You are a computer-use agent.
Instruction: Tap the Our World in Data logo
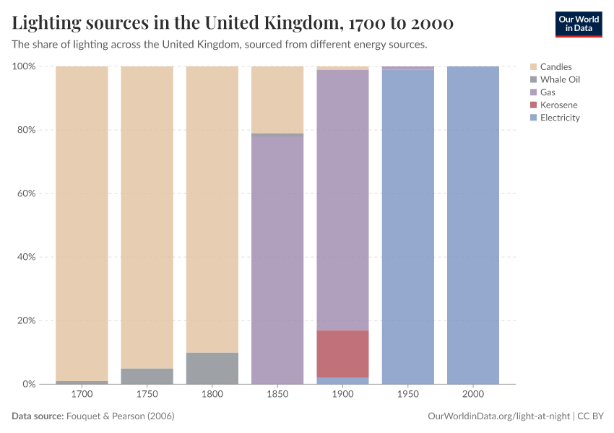[578, 24]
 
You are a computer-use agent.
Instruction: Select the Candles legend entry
[555, 67]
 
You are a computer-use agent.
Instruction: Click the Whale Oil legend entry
[560, 79]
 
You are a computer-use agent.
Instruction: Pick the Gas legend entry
[548, 92]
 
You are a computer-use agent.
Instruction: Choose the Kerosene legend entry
[558, 105]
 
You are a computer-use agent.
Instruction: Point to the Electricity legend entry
[560, 118]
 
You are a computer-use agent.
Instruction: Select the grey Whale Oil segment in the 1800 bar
[212, 368]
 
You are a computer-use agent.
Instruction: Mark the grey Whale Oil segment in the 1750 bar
[147, 376]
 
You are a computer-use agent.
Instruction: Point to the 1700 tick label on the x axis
[82, 395]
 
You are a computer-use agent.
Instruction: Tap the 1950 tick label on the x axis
[408, 395]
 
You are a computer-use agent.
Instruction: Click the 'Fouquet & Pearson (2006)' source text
[121, 416]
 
